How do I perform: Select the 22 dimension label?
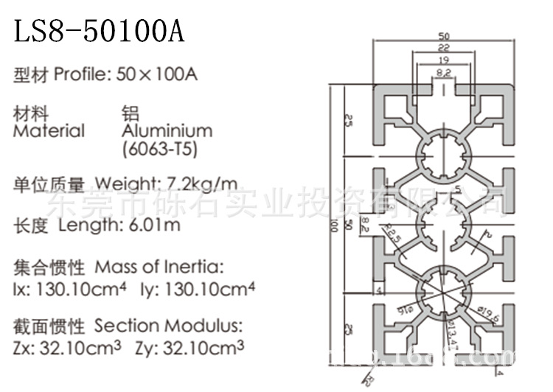click(444, 48)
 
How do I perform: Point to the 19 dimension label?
click(444, 60)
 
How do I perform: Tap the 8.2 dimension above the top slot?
click(444, 72)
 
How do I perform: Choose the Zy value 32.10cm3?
click(201, 347)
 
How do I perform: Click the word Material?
click(49, 131)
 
